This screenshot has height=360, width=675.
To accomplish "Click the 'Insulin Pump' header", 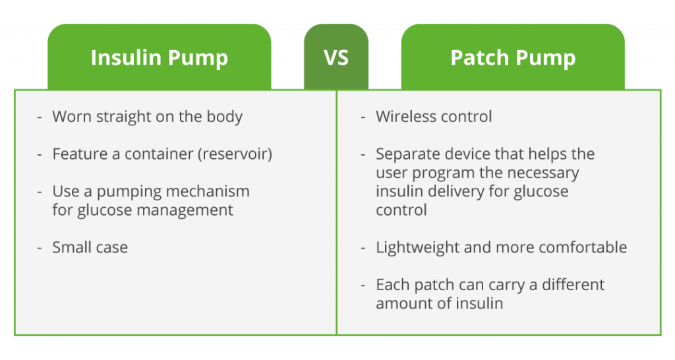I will (x=159, y=57).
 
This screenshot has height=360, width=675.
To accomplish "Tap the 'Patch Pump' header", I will (x=512, y=57).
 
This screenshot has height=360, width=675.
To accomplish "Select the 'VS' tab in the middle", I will (x=336, y=57).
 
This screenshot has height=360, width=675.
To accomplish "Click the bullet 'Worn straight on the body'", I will (x=147, y=117).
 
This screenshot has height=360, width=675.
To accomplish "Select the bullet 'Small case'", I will (x=90, y=248).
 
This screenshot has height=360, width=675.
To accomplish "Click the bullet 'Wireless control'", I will (x=434, y=117).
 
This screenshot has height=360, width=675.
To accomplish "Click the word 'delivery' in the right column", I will (x=455, y=192).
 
